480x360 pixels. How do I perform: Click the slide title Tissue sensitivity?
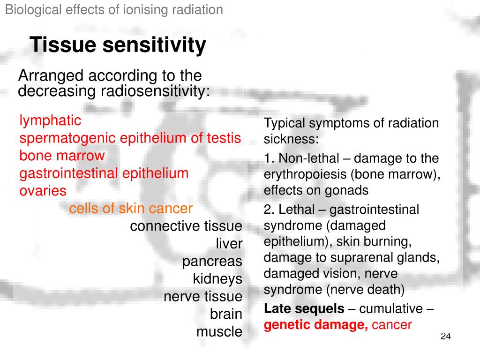tap(118, 45)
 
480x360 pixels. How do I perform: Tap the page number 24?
tap(445, 337)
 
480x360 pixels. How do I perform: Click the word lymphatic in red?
tap(50, 121)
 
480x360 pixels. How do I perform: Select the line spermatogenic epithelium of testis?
tap(130, 138)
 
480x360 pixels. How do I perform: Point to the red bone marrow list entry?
tap(62, 156)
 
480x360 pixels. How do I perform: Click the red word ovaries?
tap(43, 191)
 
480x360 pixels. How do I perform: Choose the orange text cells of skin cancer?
tap(131, 209)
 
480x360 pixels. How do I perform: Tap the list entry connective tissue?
tap(186, 226)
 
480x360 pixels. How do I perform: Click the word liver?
tap(229, 244)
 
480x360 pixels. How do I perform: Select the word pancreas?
tap(212, 262)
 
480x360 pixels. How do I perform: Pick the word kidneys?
tap(217, 279)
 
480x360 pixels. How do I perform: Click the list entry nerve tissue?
tap(203, 297)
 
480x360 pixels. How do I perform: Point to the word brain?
tap(226, 315)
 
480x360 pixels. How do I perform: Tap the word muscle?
tap(219, 332)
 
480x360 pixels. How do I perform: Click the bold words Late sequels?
tap(304, 309)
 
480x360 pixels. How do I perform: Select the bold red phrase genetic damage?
tap(316, 325)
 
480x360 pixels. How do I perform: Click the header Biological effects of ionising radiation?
tap(114, 10)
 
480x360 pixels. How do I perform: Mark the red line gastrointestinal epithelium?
tap(104, 173)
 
